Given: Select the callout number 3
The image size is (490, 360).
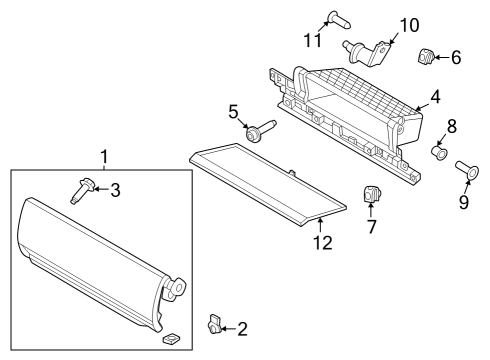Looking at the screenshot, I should tap(115, 189).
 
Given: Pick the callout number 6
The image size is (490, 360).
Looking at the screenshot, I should tap(456, 57).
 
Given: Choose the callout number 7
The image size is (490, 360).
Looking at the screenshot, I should tap(370, 225).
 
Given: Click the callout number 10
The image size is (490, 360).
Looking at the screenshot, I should tap(409, 24).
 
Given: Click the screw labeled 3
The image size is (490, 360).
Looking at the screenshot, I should tap(82, 188).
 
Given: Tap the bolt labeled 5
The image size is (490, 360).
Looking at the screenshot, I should tap(257, 130).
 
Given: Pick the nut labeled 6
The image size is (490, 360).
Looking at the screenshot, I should tap(425, 57).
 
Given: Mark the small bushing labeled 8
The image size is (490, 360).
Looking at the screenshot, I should tap(438, 152).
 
